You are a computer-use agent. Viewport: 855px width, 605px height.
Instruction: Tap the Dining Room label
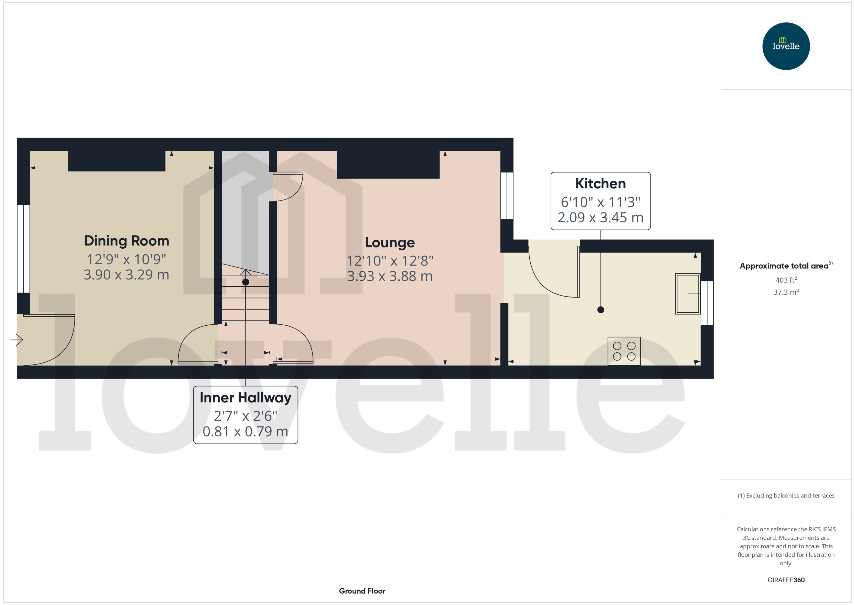click(126, 241)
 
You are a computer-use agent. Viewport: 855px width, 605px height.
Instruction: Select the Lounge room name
click(390, 243)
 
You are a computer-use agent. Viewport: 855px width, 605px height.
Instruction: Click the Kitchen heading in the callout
click(600, 184)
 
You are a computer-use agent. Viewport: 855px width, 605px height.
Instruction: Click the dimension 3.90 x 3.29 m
click(126, 275)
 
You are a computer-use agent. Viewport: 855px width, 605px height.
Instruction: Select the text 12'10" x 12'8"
click(390, 261)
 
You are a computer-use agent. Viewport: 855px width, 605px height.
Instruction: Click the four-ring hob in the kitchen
click(624, 351)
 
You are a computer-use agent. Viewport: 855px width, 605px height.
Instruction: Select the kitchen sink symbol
click(687, 294)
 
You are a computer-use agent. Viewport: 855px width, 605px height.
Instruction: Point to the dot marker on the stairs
click(246, 282)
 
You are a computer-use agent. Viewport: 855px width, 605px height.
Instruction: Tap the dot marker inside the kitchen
click(600, 309)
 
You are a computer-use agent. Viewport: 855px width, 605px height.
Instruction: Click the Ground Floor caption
click(362, 591)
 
